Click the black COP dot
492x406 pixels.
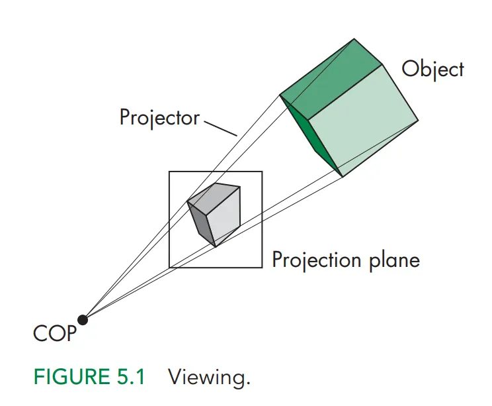click(x=83, y=320)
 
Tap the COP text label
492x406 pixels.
click(x=55, y=333)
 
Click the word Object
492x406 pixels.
click(x=433, y=69)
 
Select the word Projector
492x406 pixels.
click(x=159, y=118)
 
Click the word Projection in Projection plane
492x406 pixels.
click(x=315, y=260)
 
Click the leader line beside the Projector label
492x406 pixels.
click(x=221, y=127)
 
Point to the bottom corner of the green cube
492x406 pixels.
click(x=342, y=176)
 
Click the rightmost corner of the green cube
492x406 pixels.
click(x=418, y=121)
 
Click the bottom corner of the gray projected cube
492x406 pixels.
click(x=215, y=246)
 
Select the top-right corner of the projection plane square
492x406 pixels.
click(x=262, y=172)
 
